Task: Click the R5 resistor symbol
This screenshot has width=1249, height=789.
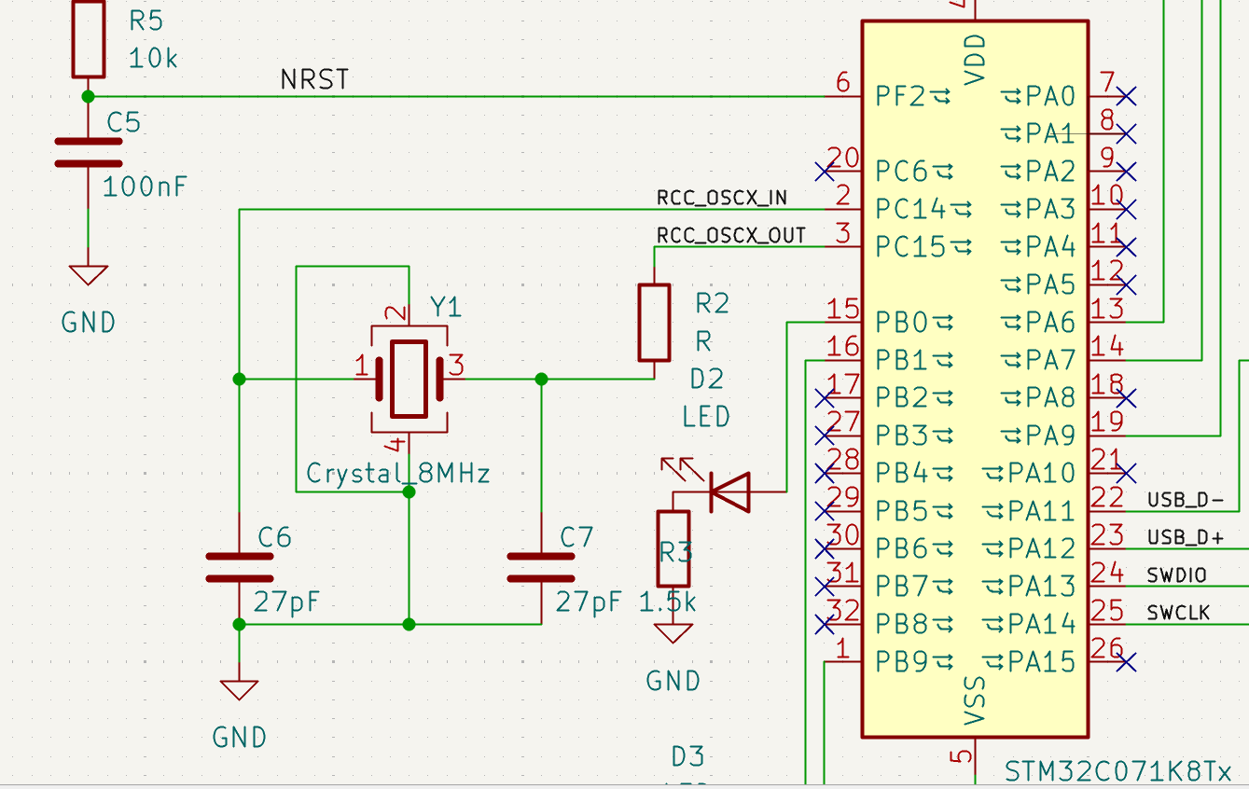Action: click(88, 38)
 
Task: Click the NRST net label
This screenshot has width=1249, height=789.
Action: click(314, 81)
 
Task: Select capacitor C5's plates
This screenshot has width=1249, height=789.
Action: click(88, 152)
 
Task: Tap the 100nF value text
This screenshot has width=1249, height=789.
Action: click(145, 187)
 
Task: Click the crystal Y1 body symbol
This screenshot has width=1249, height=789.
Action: click(409, 379)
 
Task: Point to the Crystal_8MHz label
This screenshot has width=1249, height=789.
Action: click(398, 474)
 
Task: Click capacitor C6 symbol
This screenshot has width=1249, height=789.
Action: click(239, 567)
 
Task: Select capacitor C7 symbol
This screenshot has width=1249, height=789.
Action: click(540, 567)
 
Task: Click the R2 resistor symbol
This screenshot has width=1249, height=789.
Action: click(654, 323)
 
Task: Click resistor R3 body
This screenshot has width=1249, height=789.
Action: click(673, 549)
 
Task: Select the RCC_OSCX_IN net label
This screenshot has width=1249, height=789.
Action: click(722, 198)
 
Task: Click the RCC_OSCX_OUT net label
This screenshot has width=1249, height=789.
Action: click(730, 236)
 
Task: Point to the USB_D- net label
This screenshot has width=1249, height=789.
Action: click(1185, 500)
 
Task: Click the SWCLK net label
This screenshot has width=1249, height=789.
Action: click(1178, 613)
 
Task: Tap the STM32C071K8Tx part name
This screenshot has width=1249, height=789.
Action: click(1118, 772)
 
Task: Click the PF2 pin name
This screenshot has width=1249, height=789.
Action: click(901, 96)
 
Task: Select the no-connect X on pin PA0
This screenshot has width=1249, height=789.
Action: click(1127, 95)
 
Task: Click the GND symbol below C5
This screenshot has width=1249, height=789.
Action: click(88, 276)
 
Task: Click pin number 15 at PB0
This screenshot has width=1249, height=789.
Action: click(843, 310)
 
